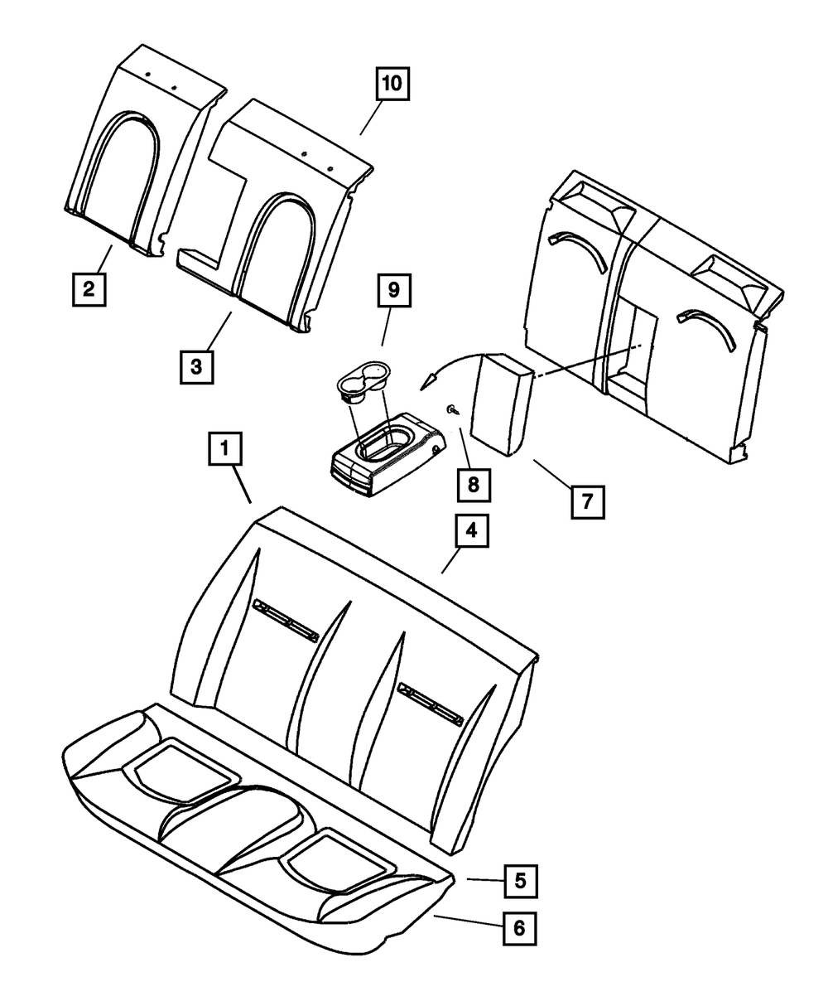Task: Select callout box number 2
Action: pos(88,289)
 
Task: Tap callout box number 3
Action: pos(195,366)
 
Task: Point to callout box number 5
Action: pos(519,881)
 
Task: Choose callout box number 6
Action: pos(519,928)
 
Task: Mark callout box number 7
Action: pos(586,501)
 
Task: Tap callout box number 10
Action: pos(392,84)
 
